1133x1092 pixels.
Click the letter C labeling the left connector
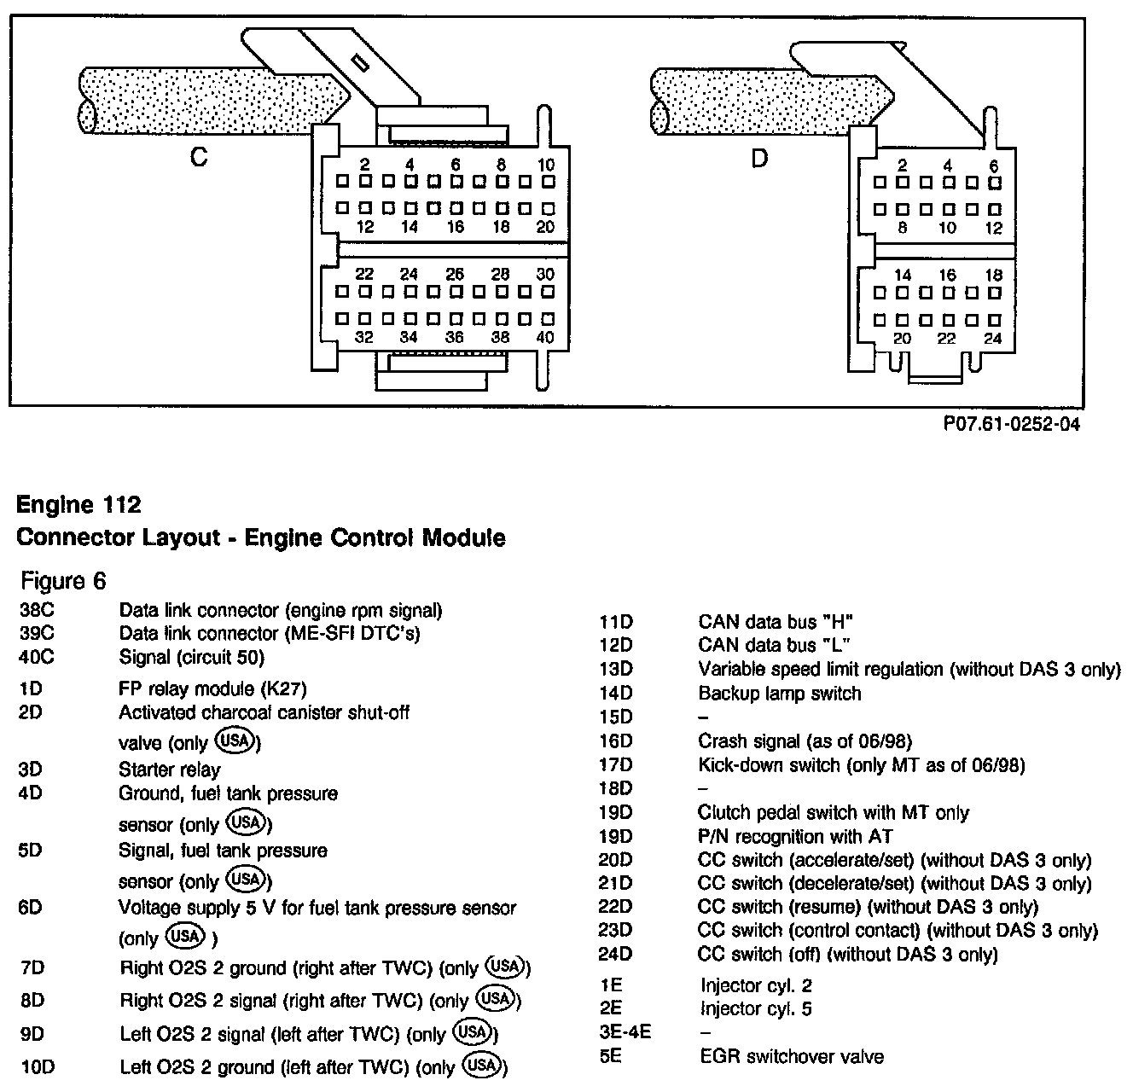[199, 158]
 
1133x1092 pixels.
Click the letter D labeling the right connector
[758, 158]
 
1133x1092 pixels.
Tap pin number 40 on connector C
[546, 337]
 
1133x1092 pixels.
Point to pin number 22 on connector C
[364, 275]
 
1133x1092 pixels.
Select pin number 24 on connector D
[992, 338]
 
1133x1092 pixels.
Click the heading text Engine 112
[78, 505]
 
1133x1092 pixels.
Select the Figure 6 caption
[64, 581]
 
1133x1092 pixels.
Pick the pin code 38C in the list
[36, 611]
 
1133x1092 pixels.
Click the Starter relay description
[169, 770]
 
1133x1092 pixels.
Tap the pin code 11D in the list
[616, 622]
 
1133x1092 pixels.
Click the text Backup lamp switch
[779, 694]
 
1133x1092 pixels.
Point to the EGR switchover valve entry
[790, 1057]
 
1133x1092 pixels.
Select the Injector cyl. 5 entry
[755, 1009]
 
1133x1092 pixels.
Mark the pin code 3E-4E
[625, 1033]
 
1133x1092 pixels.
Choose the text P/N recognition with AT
[794, 836]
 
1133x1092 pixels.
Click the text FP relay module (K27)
[212, 688]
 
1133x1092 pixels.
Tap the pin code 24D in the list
[616, 954]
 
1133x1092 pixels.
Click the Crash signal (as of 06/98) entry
[805, 741]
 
